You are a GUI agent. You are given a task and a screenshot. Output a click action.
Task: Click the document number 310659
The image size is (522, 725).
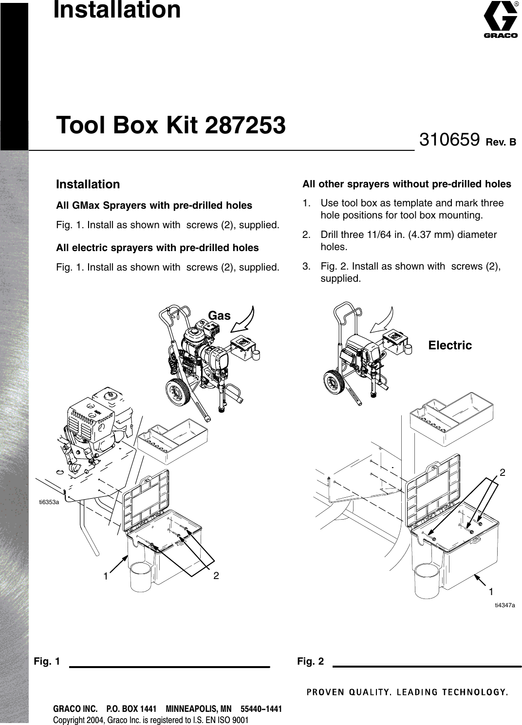(x=450, y=140)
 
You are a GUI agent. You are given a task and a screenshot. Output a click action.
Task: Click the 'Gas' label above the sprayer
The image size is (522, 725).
(x=219, y=316)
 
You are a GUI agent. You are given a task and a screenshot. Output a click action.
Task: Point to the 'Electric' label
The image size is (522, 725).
(x=450, y=345)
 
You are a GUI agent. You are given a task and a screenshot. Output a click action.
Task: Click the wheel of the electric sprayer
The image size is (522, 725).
(x=335, y=380)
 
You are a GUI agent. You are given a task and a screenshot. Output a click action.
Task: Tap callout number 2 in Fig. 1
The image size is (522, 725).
(x=216, y=576)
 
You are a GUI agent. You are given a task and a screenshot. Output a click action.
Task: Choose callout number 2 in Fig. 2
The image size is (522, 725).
(x=503, y=472)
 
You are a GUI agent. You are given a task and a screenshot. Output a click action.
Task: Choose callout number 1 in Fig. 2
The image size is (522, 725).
(x=491, y=591)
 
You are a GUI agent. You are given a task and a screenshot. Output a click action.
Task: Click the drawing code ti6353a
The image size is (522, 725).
(x=49, y=502)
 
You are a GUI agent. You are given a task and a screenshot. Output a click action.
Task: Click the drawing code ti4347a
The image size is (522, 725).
(x=505, y=605)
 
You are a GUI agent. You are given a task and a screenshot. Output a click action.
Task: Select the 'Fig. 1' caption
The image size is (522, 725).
(x=47, y=662)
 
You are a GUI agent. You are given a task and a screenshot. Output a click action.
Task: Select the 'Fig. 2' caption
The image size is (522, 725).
(x=310, y=662)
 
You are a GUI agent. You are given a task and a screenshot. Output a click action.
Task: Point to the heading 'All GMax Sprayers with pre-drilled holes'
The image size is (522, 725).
(x=154, y=205)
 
